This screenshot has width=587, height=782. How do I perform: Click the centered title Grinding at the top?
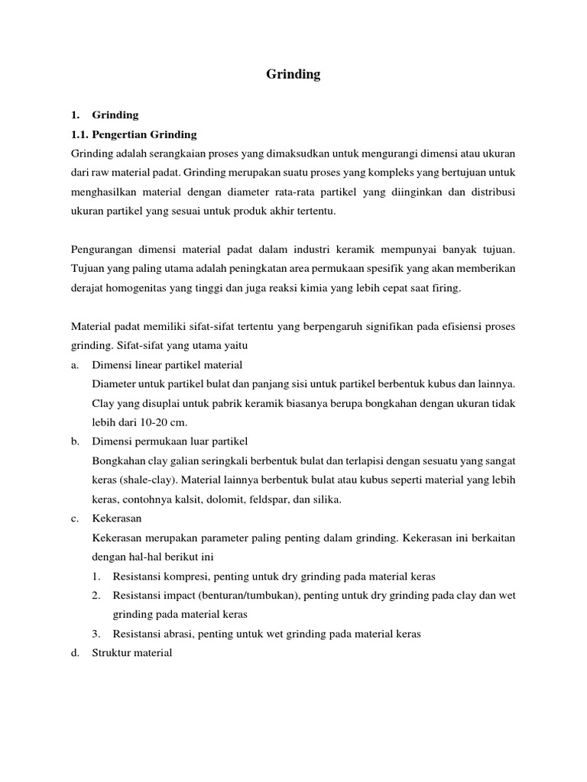pos(293,75)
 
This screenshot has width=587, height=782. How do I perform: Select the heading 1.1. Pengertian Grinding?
pos(134,134)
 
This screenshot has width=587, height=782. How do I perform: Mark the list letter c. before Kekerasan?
pos(74,519)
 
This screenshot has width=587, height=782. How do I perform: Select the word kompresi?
pos(182,576)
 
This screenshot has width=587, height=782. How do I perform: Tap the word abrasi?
pos(176,633)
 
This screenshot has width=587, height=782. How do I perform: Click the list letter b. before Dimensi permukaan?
pos(74,441)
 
